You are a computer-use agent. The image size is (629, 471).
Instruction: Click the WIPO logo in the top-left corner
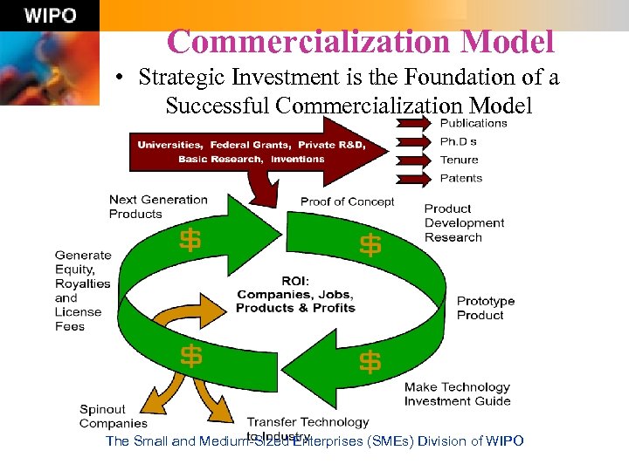50,16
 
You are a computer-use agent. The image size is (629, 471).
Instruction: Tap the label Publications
473,123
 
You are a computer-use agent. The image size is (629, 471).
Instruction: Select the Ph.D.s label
459,141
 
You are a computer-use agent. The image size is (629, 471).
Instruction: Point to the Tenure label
459,160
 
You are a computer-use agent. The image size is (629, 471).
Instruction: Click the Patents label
460,178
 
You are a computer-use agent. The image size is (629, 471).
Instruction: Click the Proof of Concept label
347,201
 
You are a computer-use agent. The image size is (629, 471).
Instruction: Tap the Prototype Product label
486,308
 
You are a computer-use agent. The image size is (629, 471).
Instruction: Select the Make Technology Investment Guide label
457,394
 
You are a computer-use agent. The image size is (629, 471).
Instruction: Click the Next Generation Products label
158,207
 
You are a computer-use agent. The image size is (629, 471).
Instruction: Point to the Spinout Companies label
114,416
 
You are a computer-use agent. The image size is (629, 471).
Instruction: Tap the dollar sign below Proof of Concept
370,245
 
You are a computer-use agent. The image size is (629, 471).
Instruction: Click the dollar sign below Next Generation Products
190,240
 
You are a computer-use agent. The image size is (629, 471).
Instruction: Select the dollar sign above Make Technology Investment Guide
370,360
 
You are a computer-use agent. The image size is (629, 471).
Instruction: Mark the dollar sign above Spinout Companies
191,356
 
